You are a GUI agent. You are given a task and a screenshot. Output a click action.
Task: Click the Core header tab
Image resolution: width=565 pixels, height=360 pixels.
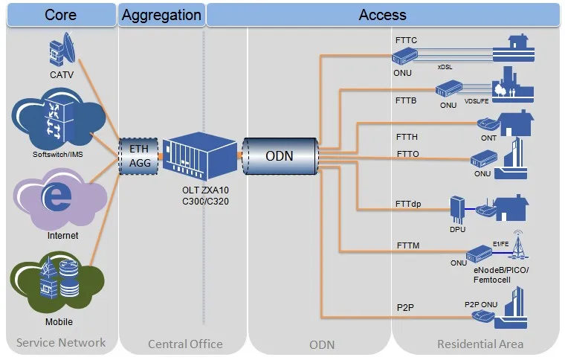pos(60,15)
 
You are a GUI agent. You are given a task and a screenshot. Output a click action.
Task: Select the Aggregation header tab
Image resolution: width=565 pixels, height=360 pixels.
pos(161,15)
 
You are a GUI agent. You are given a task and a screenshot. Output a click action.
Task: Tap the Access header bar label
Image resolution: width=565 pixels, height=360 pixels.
pos(382,15)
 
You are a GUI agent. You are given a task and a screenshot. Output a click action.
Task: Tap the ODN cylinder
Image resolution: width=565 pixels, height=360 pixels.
pos(280,156)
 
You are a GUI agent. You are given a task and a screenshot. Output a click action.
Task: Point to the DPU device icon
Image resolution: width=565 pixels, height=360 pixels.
pos(458,208)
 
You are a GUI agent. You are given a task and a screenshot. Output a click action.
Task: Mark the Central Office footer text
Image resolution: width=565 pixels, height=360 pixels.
pos(185,344)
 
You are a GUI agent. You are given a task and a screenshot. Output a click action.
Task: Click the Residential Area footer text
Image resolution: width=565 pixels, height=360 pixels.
pos(480,344)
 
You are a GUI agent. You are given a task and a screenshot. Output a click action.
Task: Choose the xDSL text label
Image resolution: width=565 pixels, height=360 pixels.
pos(445,67)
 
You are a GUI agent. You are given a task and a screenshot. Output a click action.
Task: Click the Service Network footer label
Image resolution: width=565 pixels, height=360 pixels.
pos(61,343)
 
